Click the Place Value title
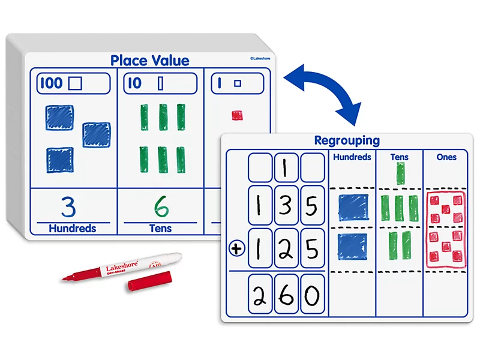[x=149, y=61]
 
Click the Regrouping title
[x=347, y=140]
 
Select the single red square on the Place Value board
[x=237, y=115]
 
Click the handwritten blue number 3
[x=68, y=206]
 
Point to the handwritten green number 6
[x=161, y=206]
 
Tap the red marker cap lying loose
[x=149, y=281]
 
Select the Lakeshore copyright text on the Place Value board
[x=260, y=58]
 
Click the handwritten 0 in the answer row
[x=312, y=295]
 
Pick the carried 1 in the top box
[x=284, y=168]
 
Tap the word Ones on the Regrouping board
[x=446, y=157]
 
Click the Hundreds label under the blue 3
[x=73, y=229]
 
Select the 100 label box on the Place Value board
[x=73, y=83]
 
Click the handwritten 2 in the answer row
[x=260, y=295]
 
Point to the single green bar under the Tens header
[x=400, y=173]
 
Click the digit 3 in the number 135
[x=286, y=205]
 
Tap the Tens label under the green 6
[x=160, y=229]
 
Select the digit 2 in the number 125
[x=286, y=249]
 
